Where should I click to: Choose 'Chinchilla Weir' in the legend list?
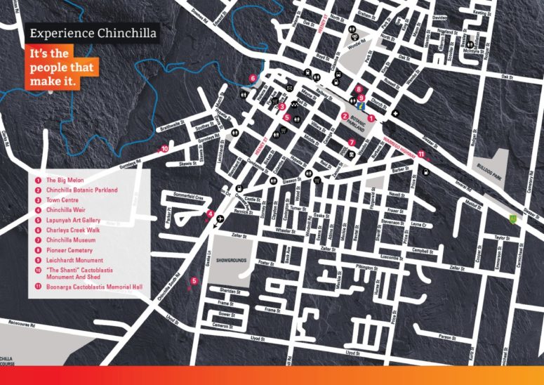click(x=69, y=210)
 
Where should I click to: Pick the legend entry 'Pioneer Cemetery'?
click(x=71, y=249)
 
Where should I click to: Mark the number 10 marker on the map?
click(x=164, y=149)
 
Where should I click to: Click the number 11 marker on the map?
click(x=421, y=154)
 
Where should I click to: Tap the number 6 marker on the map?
click(x=252, y=78)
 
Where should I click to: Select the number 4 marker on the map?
click(x=210, y=214)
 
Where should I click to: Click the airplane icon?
click(x=221, y=219)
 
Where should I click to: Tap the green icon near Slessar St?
click(x=514, y=218)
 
